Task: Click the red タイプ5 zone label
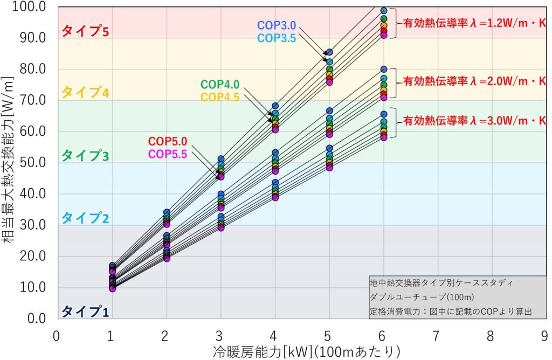(85, 31)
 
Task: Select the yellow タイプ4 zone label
(85, 93)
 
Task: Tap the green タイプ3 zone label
(85, 156)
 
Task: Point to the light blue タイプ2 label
(85, 218)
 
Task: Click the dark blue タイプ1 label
(85, 311)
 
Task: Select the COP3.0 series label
(277, 26)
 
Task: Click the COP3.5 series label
(277, 38)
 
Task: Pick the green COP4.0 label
(220, 85)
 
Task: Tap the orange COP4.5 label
(220, 97)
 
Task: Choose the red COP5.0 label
(168, 142)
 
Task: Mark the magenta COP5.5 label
(168, 154)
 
